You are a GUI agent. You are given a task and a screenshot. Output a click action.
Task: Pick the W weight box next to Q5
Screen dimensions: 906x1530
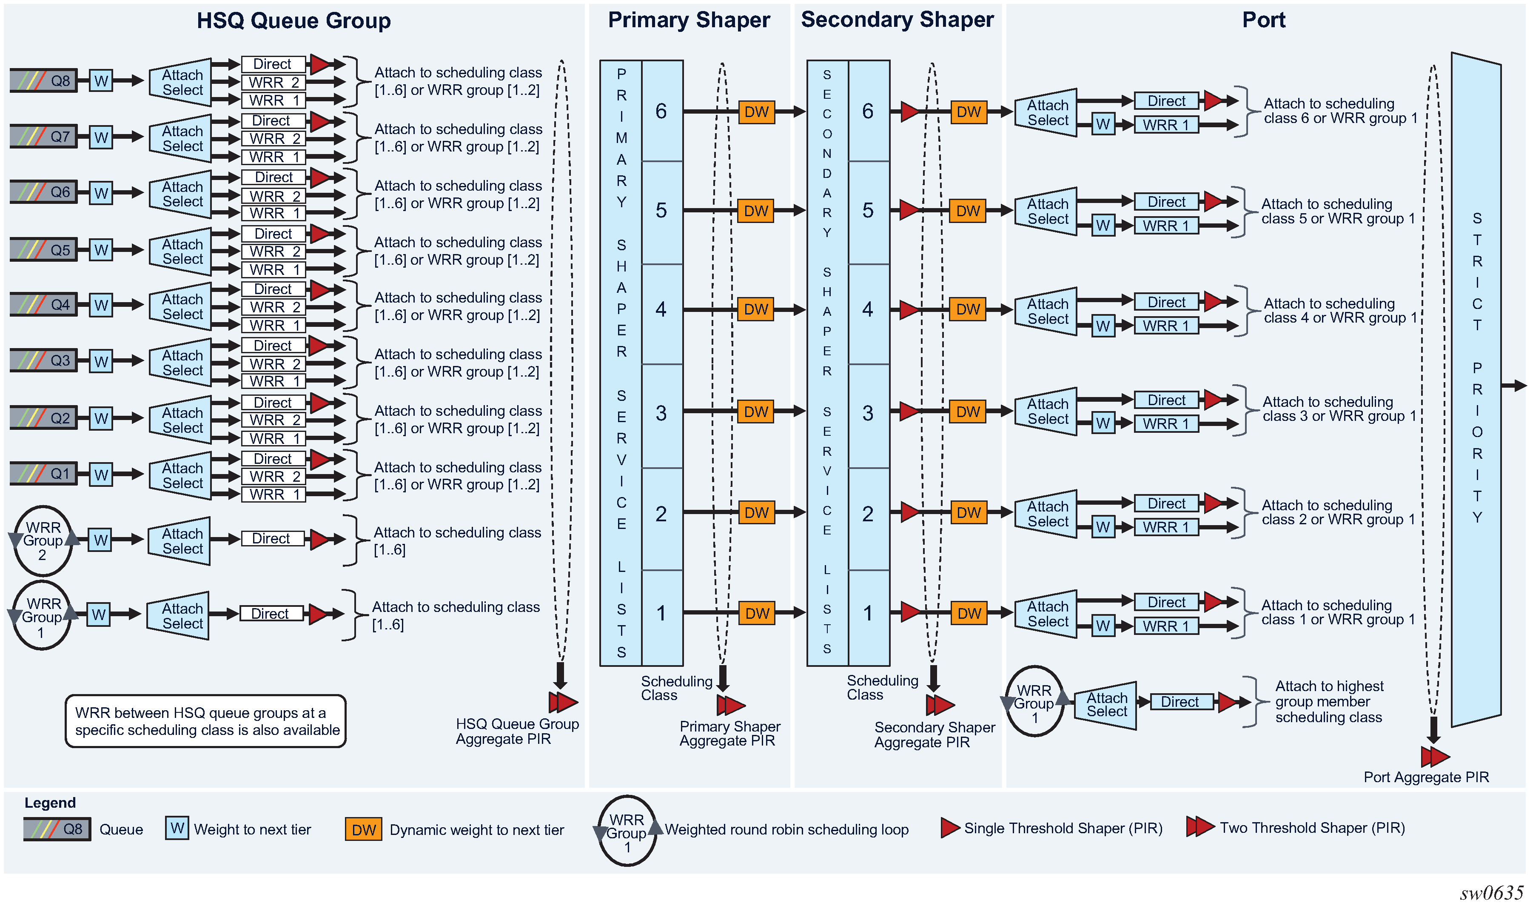click(x=101, y=250)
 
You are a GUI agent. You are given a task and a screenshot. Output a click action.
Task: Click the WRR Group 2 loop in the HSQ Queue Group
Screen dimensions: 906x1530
click(x=43, y=541)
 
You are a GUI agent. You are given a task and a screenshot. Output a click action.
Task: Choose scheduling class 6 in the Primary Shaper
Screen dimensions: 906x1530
click(x=662, y=111)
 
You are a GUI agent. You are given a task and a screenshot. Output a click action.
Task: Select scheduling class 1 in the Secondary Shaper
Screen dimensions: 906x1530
click(x=868, y=613)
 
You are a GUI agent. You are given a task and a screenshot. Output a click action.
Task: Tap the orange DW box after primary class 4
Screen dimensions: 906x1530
click(x=756, y=309)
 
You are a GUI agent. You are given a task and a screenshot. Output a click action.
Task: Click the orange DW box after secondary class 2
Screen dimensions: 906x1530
click(x=969, y=513)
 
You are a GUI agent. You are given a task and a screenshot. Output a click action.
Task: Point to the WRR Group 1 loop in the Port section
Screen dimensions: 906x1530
click(x=1034, y=703)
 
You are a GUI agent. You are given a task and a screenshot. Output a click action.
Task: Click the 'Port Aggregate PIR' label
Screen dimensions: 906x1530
click(x=1426, y=777)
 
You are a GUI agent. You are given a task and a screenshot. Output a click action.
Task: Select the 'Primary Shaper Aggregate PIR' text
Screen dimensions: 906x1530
click(x=729, y=734)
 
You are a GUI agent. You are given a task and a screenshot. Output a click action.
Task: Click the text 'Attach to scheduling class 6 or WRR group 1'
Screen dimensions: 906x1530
click(x=1340, y=111)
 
